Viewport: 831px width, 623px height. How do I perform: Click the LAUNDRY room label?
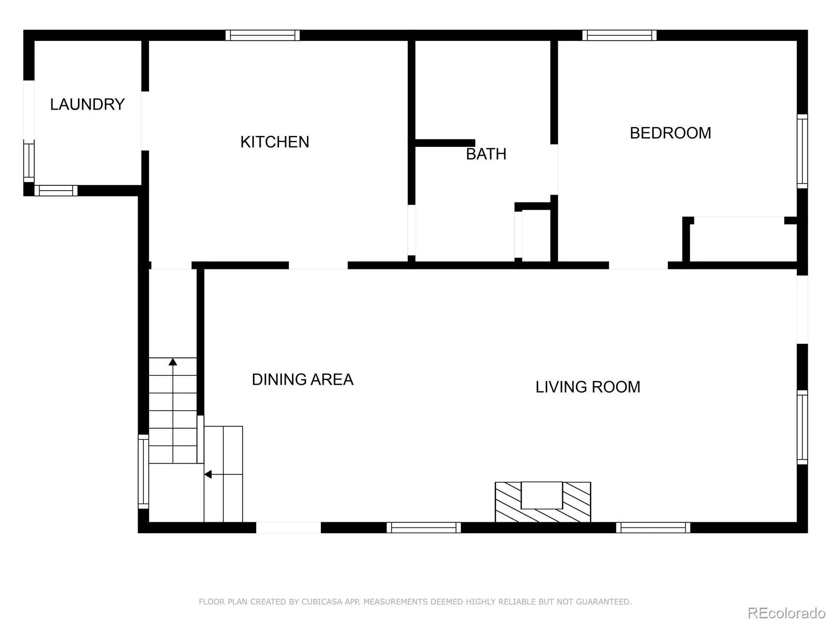tap(87, 104)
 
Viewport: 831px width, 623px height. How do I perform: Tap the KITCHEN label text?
tap(274, 142)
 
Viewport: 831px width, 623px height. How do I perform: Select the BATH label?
tap(486, 154)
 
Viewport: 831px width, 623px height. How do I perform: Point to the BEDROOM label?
tap(670, 133)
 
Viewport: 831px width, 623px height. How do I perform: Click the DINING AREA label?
tap(302, 380)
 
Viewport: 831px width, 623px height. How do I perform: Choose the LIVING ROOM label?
tap(587, 387)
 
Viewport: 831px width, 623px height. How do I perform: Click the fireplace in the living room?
tap(542, 502)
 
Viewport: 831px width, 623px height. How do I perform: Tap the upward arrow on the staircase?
tap(173, 362)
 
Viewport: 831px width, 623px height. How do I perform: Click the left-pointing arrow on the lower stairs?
tap(208, 474)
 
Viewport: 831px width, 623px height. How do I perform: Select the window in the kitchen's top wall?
tap(262, 35)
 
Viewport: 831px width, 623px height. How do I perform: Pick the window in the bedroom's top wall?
tap(619, 35)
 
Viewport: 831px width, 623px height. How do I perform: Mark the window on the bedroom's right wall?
tap(802, 151)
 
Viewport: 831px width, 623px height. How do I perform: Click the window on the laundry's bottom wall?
tap(56, 191)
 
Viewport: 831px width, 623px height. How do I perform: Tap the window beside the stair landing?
tap(143, 471)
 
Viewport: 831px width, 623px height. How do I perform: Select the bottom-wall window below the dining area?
tap(423, 527)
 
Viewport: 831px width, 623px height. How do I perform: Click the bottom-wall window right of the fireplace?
tap(653, 527)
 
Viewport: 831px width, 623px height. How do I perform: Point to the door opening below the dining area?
tap(288, 527)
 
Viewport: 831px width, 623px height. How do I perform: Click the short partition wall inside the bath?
tap(445, 143)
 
